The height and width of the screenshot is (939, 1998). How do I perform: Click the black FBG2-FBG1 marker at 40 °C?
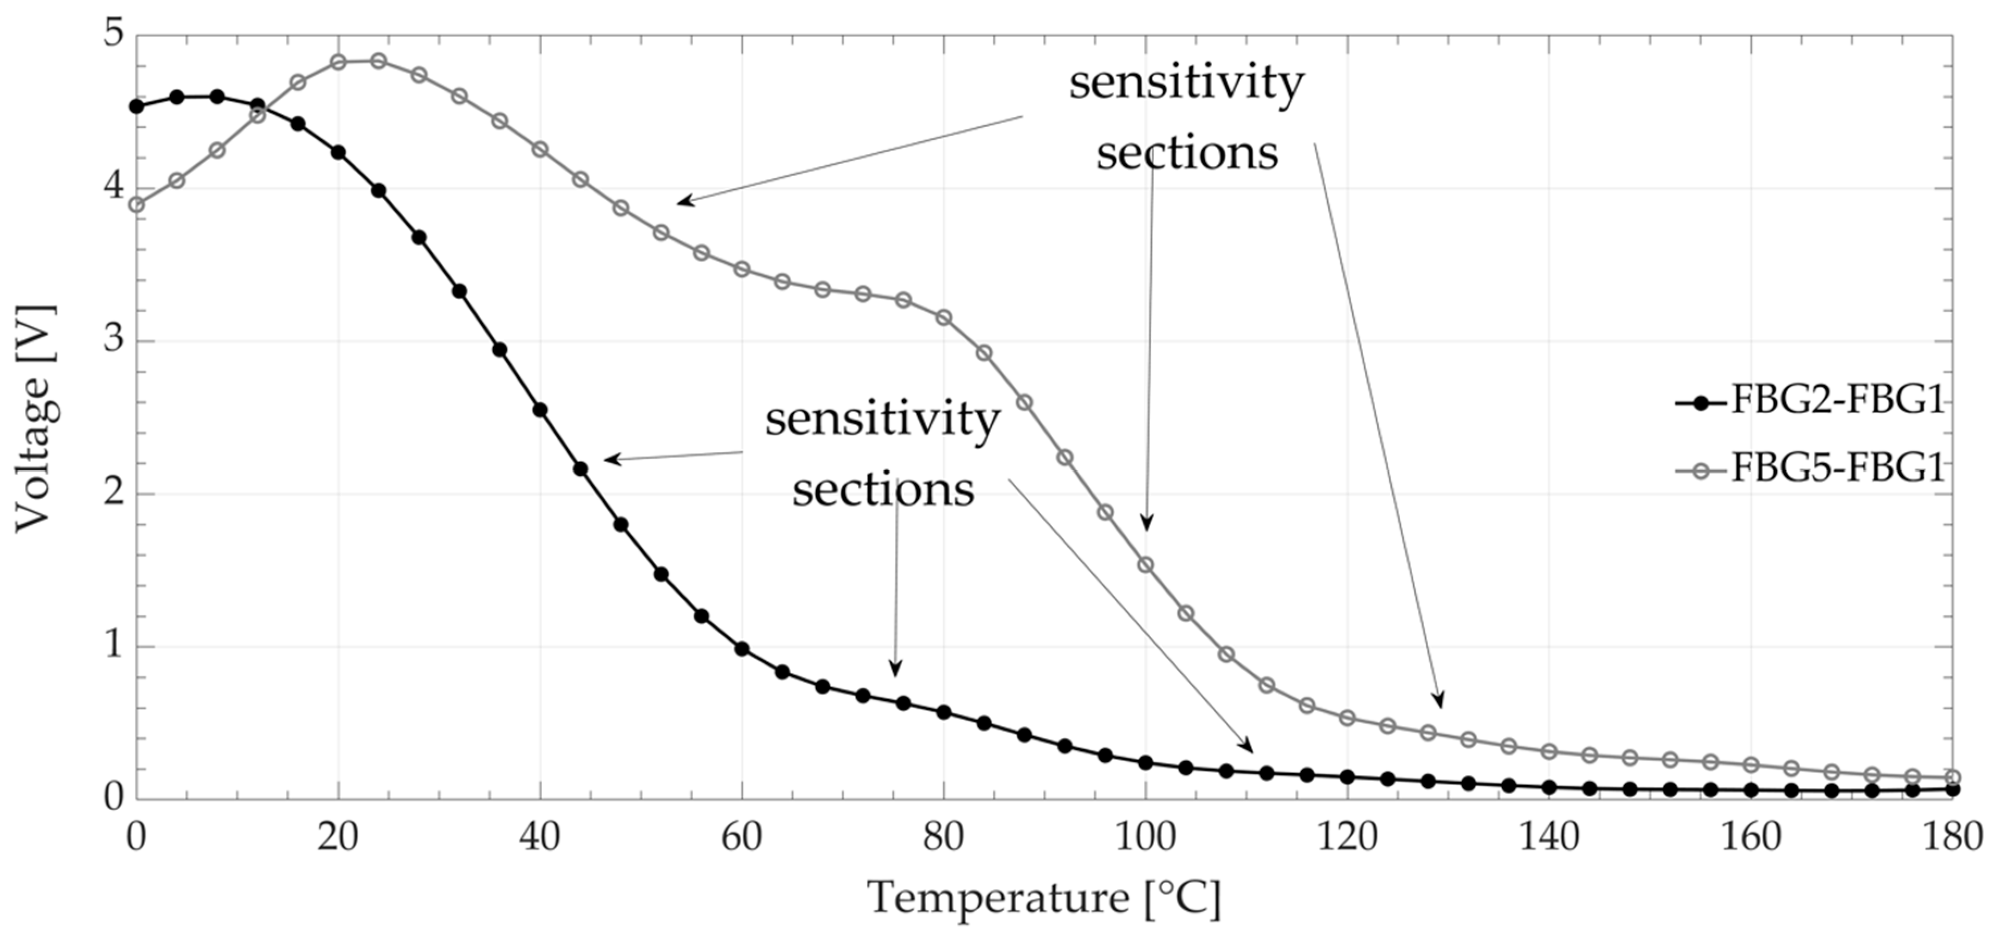540,410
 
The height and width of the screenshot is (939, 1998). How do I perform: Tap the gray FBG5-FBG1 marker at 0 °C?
136,204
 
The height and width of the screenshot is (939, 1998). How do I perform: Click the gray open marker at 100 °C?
1146,564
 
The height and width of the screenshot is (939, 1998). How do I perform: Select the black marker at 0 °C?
136,106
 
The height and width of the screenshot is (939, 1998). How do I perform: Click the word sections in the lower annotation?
883,490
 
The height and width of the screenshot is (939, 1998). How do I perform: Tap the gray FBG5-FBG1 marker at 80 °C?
944,317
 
